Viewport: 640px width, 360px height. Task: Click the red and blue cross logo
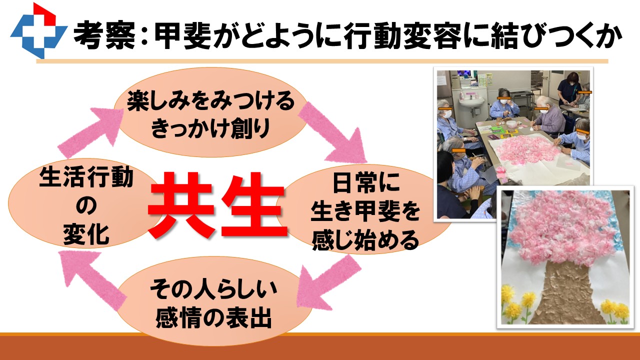pyautogui.click(x=39, y=31)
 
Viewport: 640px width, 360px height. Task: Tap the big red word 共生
pyautogui.click(x=217, y=205)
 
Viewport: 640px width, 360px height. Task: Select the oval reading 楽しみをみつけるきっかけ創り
pyautogui.click(x=211, y=112)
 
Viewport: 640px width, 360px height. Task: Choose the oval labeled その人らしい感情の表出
pyautogui.click(x=213, y=301)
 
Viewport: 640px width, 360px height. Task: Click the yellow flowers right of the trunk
pyautogui.click(x=614, y=310)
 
